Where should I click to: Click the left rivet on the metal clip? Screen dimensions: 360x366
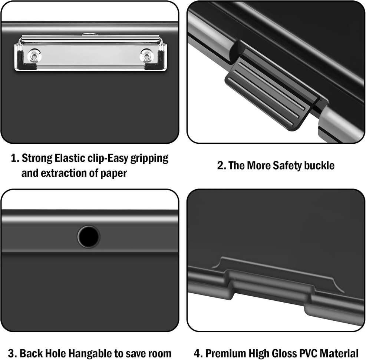coord(34,56)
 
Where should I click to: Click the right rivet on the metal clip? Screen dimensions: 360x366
coord(147,56)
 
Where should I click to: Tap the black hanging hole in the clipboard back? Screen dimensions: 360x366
coord(88,237)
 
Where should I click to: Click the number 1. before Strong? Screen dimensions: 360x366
coord(15,159)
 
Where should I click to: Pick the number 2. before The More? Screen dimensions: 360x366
coord(221,166)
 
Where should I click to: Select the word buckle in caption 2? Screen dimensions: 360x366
coord(319,166)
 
